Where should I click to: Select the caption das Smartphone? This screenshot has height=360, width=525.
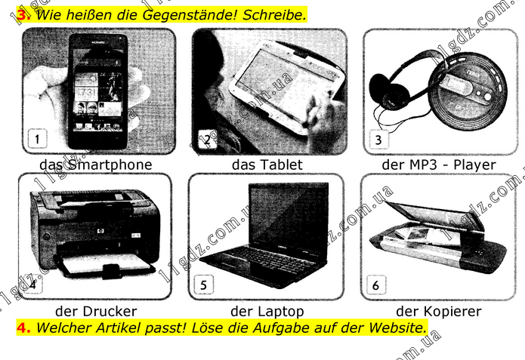(96, 165)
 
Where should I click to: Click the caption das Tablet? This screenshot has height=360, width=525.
(267, 165)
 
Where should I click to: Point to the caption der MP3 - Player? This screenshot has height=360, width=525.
(439, 165)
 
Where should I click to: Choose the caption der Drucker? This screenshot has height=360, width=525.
(96, 311)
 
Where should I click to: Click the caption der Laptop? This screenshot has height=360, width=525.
(267, 312)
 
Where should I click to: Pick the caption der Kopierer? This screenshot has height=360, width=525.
(439, 312)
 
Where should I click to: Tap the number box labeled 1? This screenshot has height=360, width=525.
(37, 138)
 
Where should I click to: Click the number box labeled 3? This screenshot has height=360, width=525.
(378, 139)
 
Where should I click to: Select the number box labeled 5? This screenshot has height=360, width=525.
(203, 285)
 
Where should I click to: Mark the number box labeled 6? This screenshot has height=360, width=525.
(376, 285)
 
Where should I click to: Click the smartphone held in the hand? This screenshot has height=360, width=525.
(97, 91)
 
